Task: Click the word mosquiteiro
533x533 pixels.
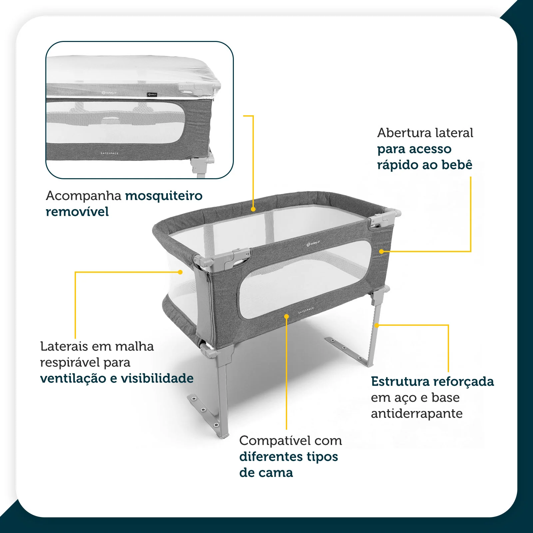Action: [x=164, y=196]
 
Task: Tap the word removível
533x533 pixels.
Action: [x=77, y=212]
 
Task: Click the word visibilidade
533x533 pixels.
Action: [x=157, y=378]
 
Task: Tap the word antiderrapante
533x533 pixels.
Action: [x=417, y=414]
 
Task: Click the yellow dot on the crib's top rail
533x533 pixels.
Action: [x=253, y=209]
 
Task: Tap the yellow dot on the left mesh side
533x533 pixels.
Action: [x=180, y=272]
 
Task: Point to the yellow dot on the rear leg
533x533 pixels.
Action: [x=376, y=325]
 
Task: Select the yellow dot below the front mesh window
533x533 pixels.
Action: [x=286, y=316]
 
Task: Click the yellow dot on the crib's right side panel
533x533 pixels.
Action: [x=382, y=252]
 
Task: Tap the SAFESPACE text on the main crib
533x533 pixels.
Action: [x=306, y=310]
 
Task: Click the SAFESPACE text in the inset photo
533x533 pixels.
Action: [x=110, y=153]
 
